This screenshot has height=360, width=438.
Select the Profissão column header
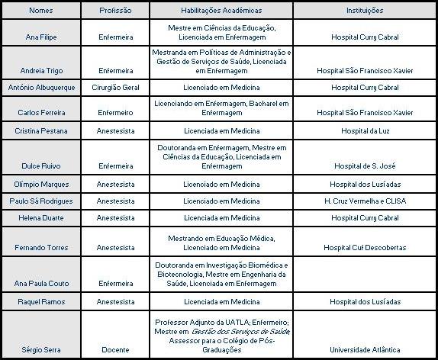pyautogui.click(x=116, y=11)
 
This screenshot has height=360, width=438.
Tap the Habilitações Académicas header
pyautogui.click(x=221, y=11)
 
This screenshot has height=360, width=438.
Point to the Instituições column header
pyautogui.click(x=365, y=11)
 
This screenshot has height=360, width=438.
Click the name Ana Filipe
pyautogui.click(x=41, y=37)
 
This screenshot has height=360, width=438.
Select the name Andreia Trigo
pyautogui.click(x=41, y=70)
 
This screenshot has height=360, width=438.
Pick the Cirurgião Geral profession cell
pyautogui.click(x=116, y=88)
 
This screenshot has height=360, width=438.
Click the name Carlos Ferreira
pyautogui.click(x=41, y=113)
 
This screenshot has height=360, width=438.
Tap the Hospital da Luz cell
pyautogui.click(x=365, y=130)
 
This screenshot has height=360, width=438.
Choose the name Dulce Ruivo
pyautogui.click(x=41, y=166)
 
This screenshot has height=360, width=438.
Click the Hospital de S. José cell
pyautogui.click(x=365, y=166)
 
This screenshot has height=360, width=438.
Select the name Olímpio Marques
pyautogui.click(x=41, y=184)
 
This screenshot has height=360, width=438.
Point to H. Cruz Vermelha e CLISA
pyautogui.click(x=365, y=201)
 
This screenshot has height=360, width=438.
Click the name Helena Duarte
pyautogui.click(x=41, y=218)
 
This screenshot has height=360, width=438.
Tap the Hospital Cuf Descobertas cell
pyautogui.click(x=365, y=248)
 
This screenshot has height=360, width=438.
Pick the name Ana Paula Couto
pyautogui.click(x=41, y=284)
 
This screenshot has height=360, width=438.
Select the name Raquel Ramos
pyautogui.click(x=41, y=302)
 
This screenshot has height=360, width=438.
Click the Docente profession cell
pyautogui.click(x=116, y=350)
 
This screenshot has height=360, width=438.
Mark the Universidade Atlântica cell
pyautogui.click(x=365, y=350)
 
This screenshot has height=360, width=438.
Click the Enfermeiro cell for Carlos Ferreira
pyautogui.click(x=116, y=113)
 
